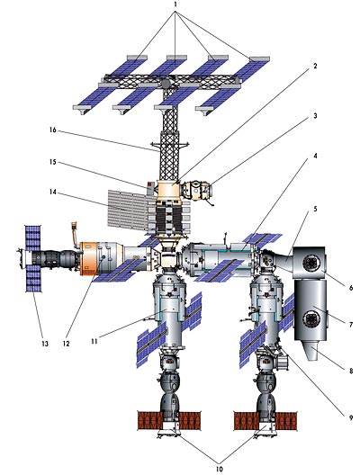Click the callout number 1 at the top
coord(175,5)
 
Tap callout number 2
coord(315,66)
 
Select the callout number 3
coord(315,116)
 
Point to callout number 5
coord(315,209)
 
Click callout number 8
coord(351,370)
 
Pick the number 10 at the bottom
coord(220,469)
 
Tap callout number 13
coord(45,344)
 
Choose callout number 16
coord(53,130)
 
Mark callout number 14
coord(53,192)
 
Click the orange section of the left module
coord(88,258)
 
